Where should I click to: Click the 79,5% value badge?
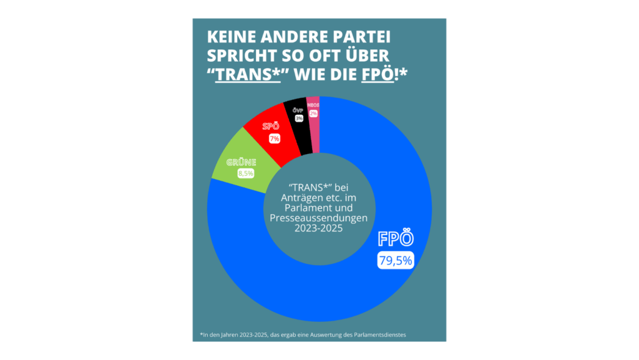coord(395,261)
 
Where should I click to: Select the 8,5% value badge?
coord(246,173)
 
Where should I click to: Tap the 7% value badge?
coord(275,139)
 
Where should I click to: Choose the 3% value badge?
coord(300,118)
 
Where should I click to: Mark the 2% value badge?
coord(313,114)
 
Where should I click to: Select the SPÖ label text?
coord(271,127)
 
